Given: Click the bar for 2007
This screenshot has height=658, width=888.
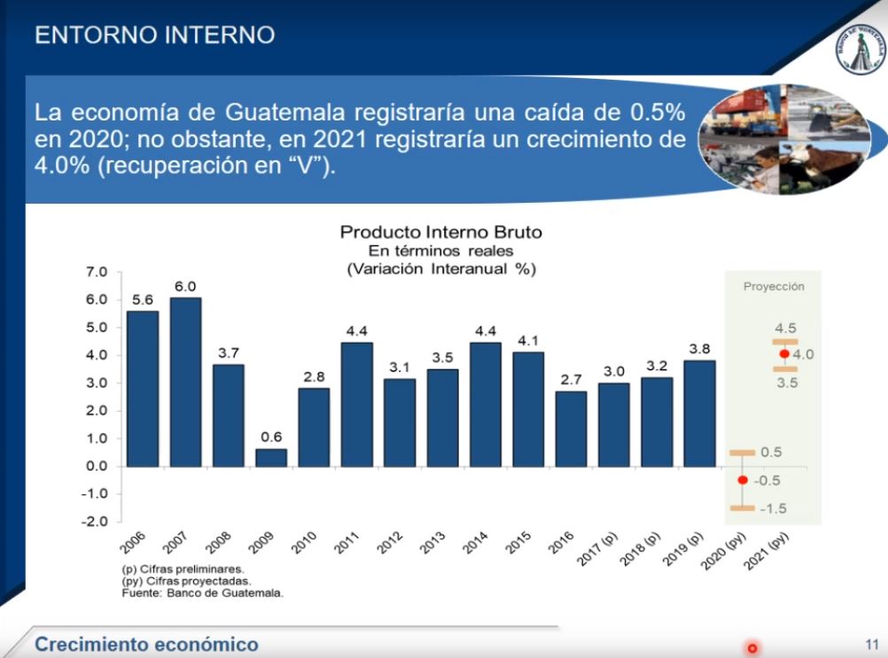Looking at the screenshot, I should [185, 382].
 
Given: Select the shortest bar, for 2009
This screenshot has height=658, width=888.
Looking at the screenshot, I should [271, 457].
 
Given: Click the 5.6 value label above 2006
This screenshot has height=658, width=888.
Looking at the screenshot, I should [143, 300].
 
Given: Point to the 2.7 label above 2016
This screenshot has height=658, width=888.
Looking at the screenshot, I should [572, 380].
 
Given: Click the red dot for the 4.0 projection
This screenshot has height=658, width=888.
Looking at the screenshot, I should [784, 354].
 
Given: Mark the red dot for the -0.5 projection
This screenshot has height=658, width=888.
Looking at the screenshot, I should [743, 480].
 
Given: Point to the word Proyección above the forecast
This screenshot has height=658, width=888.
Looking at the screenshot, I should [774, 287].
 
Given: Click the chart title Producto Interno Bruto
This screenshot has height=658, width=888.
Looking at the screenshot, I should [440, 232].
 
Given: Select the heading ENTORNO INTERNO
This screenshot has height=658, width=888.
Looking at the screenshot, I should [154, 35].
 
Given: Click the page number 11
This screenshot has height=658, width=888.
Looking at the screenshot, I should [870, 644].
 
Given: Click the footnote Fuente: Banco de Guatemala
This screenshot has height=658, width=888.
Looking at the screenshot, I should [202, 593].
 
